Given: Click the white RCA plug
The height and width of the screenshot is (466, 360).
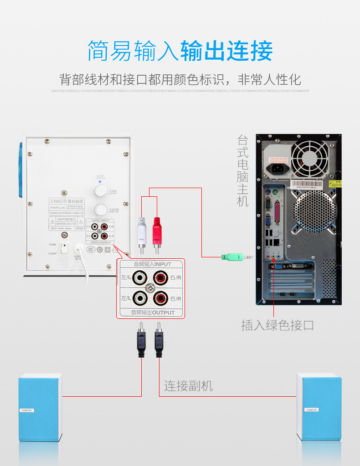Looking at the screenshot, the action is [x=143, y=232].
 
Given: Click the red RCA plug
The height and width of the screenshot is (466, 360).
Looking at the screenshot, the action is [x=157, y=232].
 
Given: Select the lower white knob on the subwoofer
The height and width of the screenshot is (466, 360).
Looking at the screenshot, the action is [x=100, y=210].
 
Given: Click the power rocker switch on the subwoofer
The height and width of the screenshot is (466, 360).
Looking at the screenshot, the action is [x=65, y=249].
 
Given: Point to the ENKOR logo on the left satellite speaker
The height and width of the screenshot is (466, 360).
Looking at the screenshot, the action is [x=27, y=410].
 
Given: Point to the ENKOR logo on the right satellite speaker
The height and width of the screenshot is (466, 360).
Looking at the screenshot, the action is [x=312, y=410].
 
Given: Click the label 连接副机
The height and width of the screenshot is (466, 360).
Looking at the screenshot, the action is [x=188, y=386].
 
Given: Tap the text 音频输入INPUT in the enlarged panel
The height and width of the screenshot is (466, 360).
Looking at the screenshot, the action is [x=152, y=264].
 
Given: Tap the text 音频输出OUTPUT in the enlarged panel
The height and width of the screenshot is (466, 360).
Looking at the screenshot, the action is [x=152, y=312].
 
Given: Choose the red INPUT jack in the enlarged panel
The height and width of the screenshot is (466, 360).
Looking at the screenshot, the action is [x=161, y=277].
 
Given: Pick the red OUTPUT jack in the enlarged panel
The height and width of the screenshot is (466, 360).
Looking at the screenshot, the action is [x=161, y=298].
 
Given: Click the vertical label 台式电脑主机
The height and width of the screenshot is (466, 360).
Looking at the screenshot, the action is [x=243, y=171].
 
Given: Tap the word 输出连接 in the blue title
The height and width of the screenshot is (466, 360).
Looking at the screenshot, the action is [x=226, y=51].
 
